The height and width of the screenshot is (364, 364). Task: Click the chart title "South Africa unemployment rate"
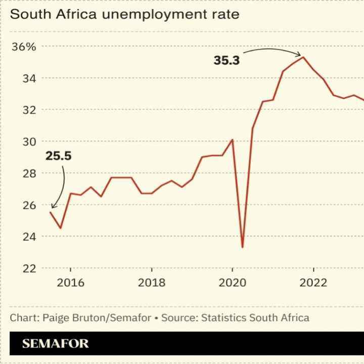click(x=124, y=14)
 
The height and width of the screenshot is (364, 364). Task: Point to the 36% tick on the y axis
click(x=24, y=47)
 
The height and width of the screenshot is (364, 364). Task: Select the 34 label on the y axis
click(x=29, y=78)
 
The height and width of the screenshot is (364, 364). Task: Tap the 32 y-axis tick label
click(x=29, y=110)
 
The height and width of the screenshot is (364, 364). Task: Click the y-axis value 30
click(x=29, y=142)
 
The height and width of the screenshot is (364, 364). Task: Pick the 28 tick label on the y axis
click(x=29, y=173)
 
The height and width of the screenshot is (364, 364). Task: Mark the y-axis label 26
click(x=29, y=205)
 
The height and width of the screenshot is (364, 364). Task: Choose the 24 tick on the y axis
click(x=29, y=237)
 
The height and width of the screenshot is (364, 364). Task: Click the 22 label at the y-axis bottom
click(x=29, y=268)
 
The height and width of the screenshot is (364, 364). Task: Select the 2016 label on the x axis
click(x=70, y=282)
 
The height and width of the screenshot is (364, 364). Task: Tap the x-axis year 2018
click(x=151, y=282)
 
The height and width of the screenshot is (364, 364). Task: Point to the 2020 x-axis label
click(x=233, y=282)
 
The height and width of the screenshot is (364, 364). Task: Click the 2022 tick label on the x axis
click(x=313, y=282)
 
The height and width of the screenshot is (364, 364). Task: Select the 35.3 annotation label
click(x=226, y=61)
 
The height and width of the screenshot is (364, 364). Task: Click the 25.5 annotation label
click(x=59, y=156)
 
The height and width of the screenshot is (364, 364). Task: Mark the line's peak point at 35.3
click(x=303, y=57)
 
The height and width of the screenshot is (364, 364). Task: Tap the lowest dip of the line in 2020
click(x=243, y=247)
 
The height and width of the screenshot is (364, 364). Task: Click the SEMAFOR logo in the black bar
click(x=55, y=344)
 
